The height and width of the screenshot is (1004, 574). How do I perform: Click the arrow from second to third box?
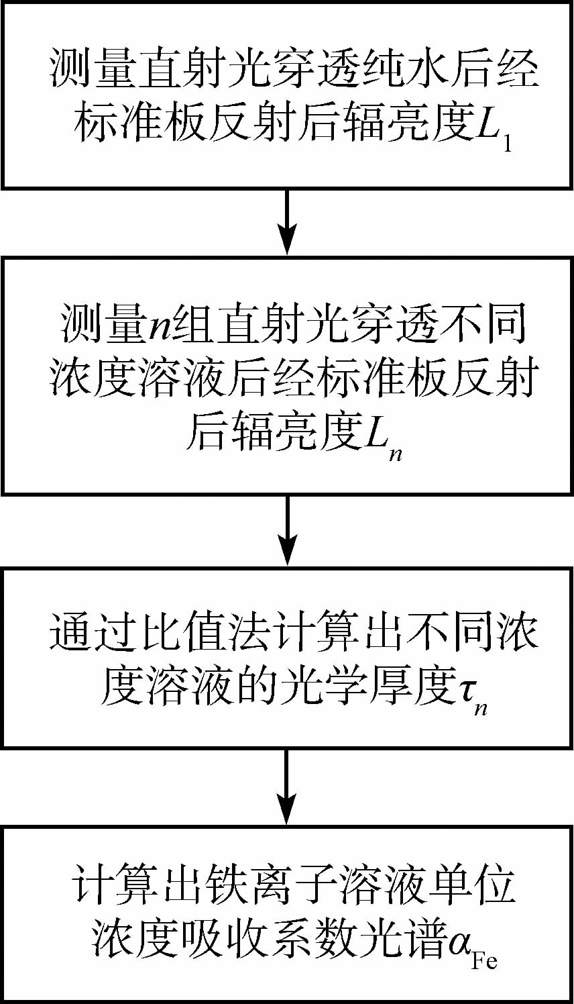(x=287, y=530)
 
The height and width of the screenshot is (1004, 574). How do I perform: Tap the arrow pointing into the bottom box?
(x=287, y=789)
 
